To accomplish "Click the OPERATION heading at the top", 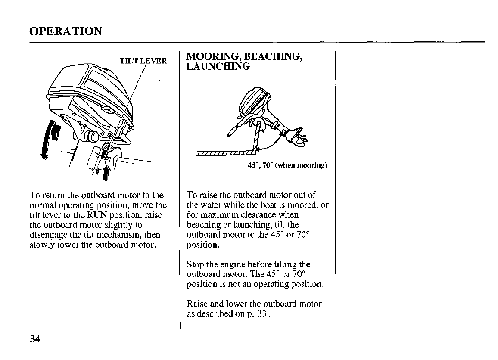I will (x=66, y=31).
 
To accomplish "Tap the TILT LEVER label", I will (x=143, y=61).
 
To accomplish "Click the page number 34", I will (x=35, y=339).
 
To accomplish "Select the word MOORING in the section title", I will (x=212, y=57).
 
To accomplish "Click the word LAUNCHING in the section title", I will (x=218, y=67).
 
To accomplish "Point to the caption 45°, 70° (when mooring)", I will (x=287, y=165).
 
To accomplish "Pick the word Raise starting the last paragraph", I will (x=197, y=304).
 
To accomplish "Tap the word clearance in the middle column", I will (x=257, y=215).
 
